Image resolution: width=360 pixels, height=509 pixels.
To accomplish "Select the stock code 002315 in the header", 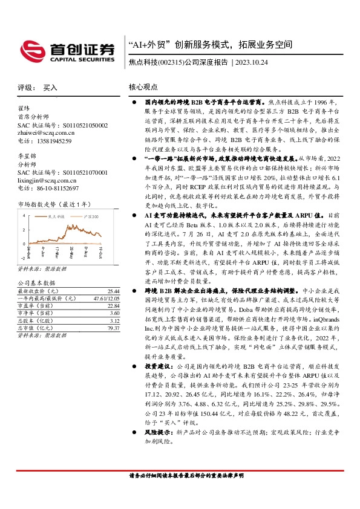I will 167,62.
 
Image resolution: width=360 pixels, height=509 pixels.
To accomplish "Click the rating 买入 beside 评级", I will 50,88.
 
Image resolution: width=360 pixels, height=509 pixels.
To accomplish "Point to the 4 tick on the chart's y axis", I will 23,215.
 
